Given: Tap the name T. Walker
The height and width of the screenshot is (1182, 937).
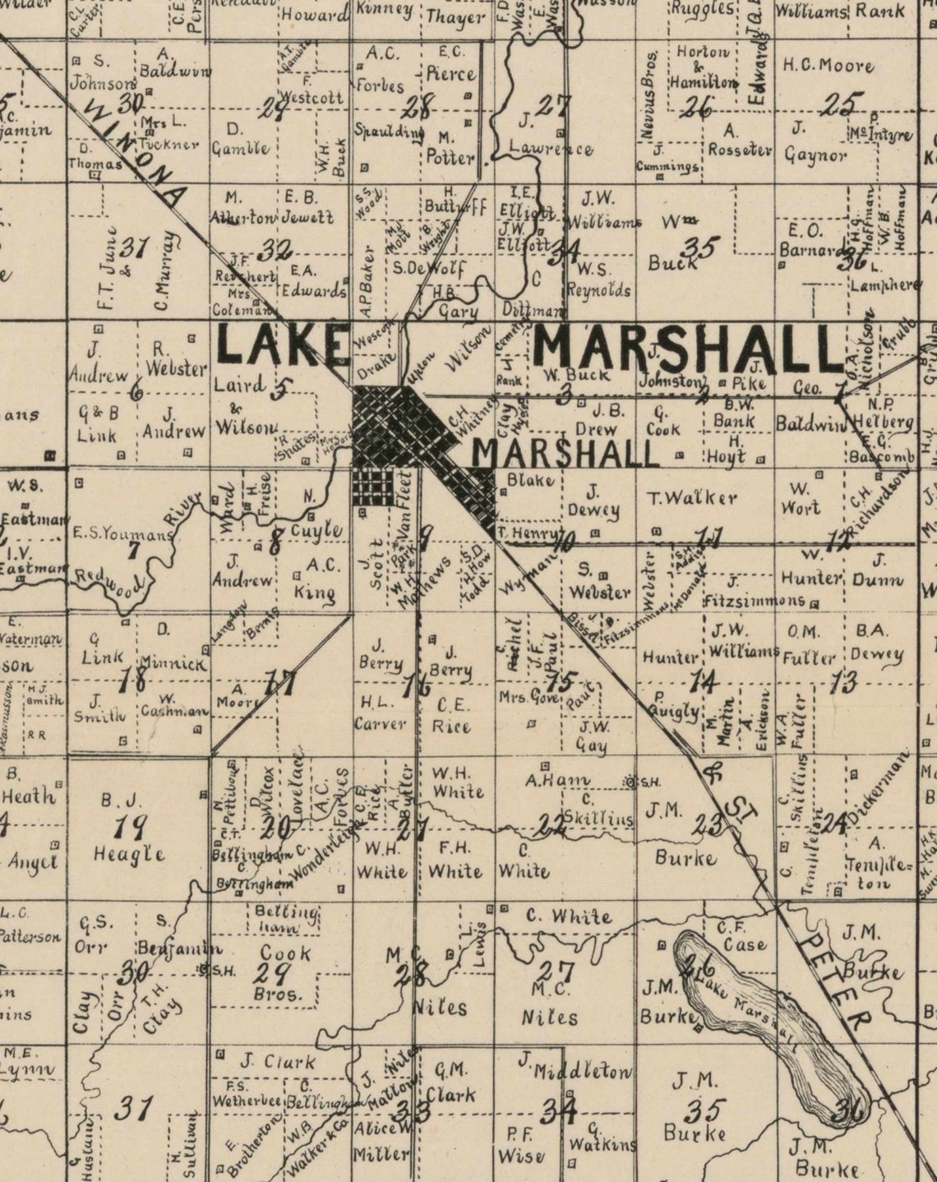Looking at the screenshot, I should pyautogui.click(x=692, y=497).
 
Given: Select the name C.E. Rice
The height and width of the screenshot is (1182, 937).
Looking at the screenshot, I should pyautogui.click(x=453, y=715).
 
